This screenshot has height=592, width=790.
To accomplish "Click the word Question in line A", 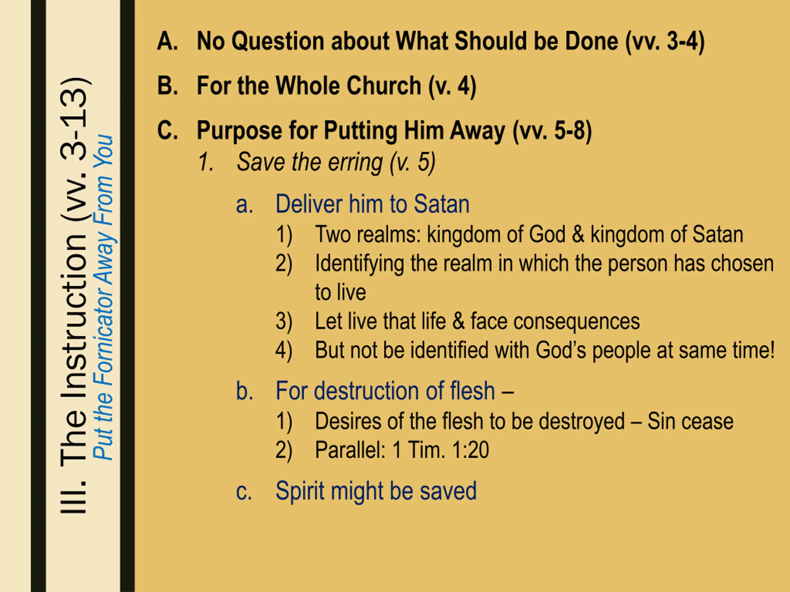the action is (x=277, y=41).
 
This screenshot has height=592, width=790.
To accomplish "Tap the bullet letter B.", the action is (x=167, y=86).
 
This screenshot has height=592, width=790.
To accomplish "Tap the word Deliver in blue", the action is (x=309, y=204).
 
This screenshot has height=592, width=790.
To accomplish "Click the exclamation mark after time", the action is (x=771, y=350).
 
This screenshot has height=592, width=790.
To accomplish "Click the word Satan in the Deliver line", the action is (x=441, y=204).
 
